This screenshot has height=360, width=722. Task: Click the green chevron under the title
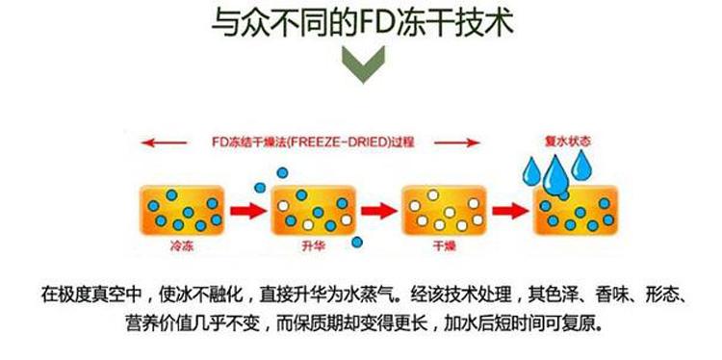click(361, 66)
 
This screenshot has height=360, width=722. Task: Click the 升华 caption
click(309, 246)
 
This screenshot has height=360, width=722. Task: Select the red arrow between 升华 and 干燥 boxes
click(377, 209)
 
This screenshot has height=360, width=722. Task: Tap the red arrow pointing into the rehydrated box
click(509, 209)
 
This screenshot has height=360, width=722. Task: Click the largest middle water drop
click(555, 176)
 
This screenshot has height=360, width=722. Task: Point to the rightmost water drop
click(580, 167)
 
